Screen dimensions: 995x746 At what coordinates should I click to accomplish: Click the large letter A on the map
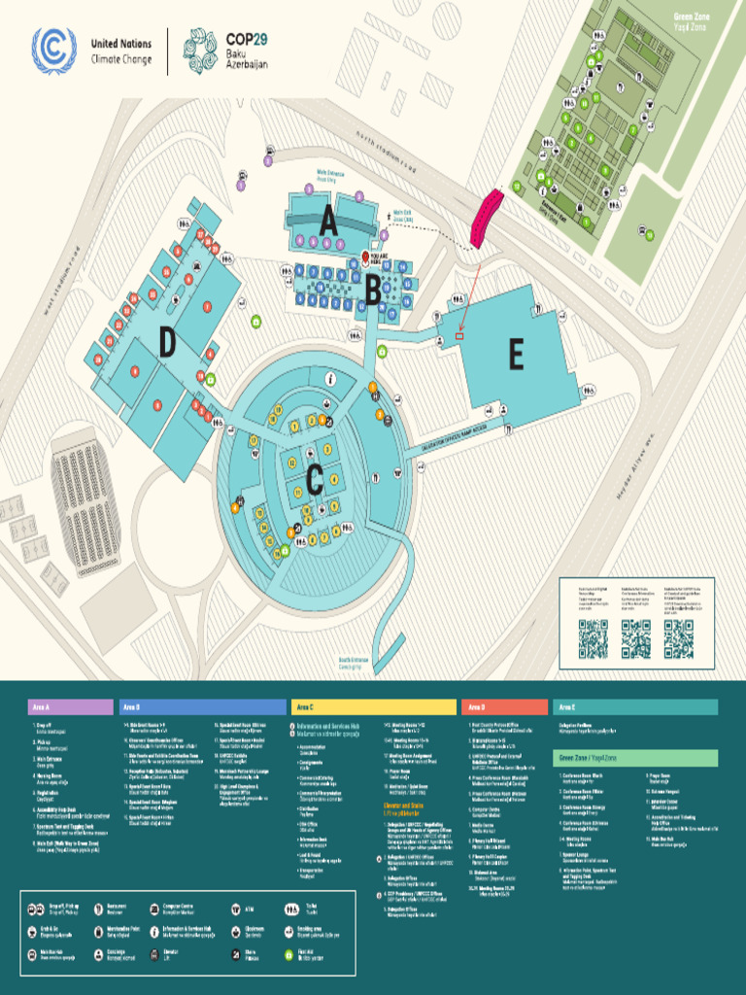point(328,222)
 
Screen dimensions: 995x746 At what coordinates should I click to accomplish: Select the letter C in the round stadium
point(314,479)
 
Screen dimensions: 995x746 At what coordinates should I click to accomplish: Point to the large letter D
point(168,342)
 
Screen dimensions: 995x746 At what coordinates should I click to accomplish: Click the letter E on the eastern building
point(516,356)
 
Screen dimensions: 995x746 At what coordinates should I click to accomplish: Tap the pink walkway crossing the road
point(487,218)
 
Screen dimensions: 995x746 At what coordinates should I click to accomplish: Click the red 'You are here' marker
point(366,257)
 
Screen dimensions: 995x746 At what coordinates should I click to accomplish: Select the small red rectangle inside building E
point(459,336)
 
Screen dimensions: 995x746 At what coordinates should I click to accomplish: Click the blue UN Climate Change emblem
point(53,51)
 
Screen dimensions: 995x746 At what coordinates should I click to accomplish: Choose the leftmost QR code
point(593,638)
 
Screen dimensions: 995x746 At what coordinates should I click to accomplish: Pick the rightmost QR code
point(679,638)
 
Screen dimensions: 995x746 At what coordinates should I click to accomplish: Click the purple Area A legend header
point(70,706)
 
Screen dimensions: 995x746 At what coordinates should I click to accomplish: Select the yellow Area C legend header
point(372,706)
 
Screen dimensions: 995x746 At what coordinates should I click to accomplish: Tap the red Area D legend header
point(503,706)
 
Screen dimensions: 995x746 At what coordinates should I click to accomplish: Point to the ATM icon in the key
point(235,909)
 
